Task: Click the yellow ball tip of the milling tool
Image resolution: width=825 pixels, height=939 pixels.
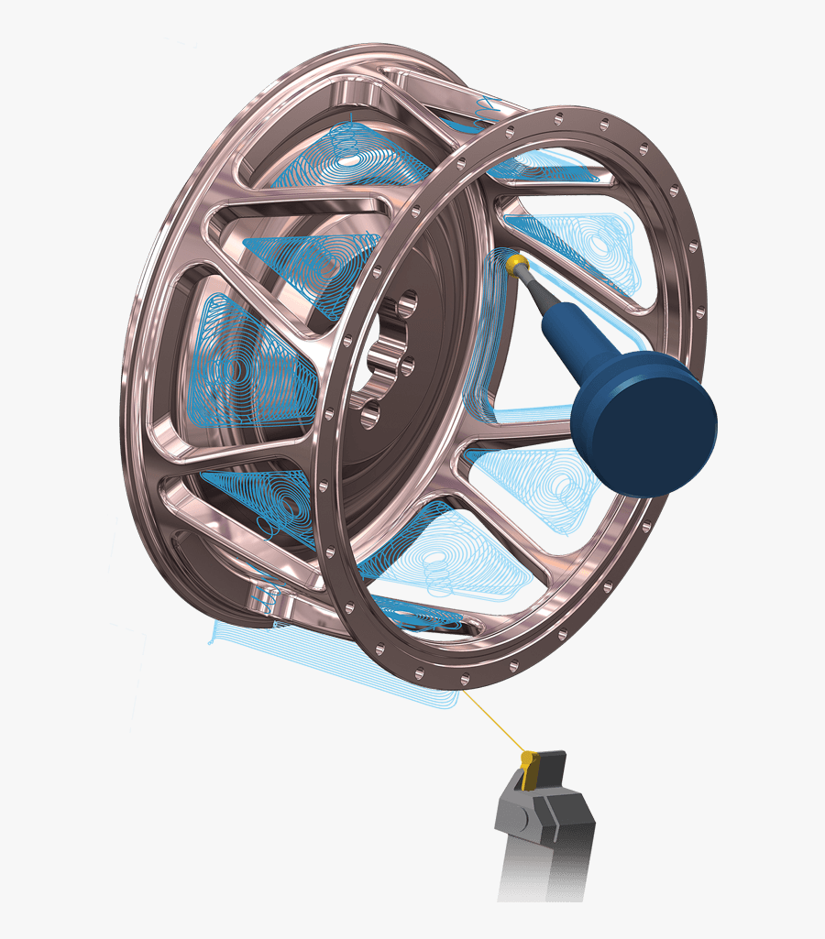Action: click(516, 265)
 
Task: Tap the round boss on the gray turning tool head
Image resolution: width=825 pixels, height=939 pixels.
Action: click(514, 811)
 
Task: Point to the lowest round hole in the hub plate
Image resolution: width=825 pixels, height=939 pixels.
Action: click(370, 417)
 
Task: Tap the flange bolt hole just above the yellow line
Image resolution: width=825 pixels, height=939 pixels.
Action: click(464, 679)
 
